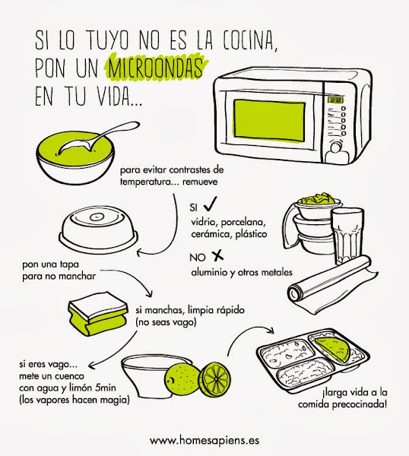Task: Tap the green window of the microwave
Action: point(269,121)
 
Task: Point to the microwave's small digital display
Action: point(336,100)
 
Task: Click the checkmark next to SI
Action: point(210,204)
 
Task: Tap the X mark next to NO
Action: point(217,255)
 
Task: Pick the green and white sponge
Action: point(98,317)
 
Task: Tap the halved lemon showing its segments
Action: point(216,379)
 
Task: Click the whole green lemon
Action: point(182,378)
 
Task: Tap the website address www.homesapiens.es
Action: point(204,440)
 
